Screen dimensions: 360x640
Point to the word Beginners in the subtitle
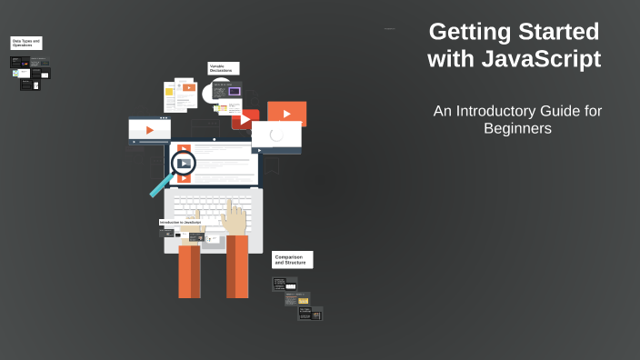click(x=517, y=129)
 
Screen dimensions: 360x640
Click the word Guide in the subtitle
click(x=564, y=110)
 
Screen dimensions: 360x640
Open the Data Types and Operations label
click(x=26, y=43)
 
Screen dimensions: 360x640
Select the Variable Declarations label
click(x=223, y=68)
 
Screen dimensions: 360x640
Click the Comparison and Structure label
click(x=292, y=260)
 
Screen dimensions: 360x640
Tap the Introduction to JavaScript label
click(x=180, y=222)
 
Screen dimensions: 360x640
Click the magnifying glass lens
click(x=184, y=164)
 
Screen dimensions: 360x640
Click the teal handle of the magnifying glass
click(x=161, y=185)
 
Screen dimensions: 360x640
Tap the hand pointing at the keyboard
click(x=235, y=216)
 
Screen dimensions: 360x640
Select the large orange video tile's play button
click(x=286, y=114)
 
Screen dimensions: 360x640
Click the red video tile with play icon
click(x=245, y=119)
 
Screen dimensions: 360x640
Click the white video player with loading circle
click(x=276, y=135)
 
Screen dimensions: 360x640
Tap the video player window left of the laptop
click(x=149, y=130)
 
